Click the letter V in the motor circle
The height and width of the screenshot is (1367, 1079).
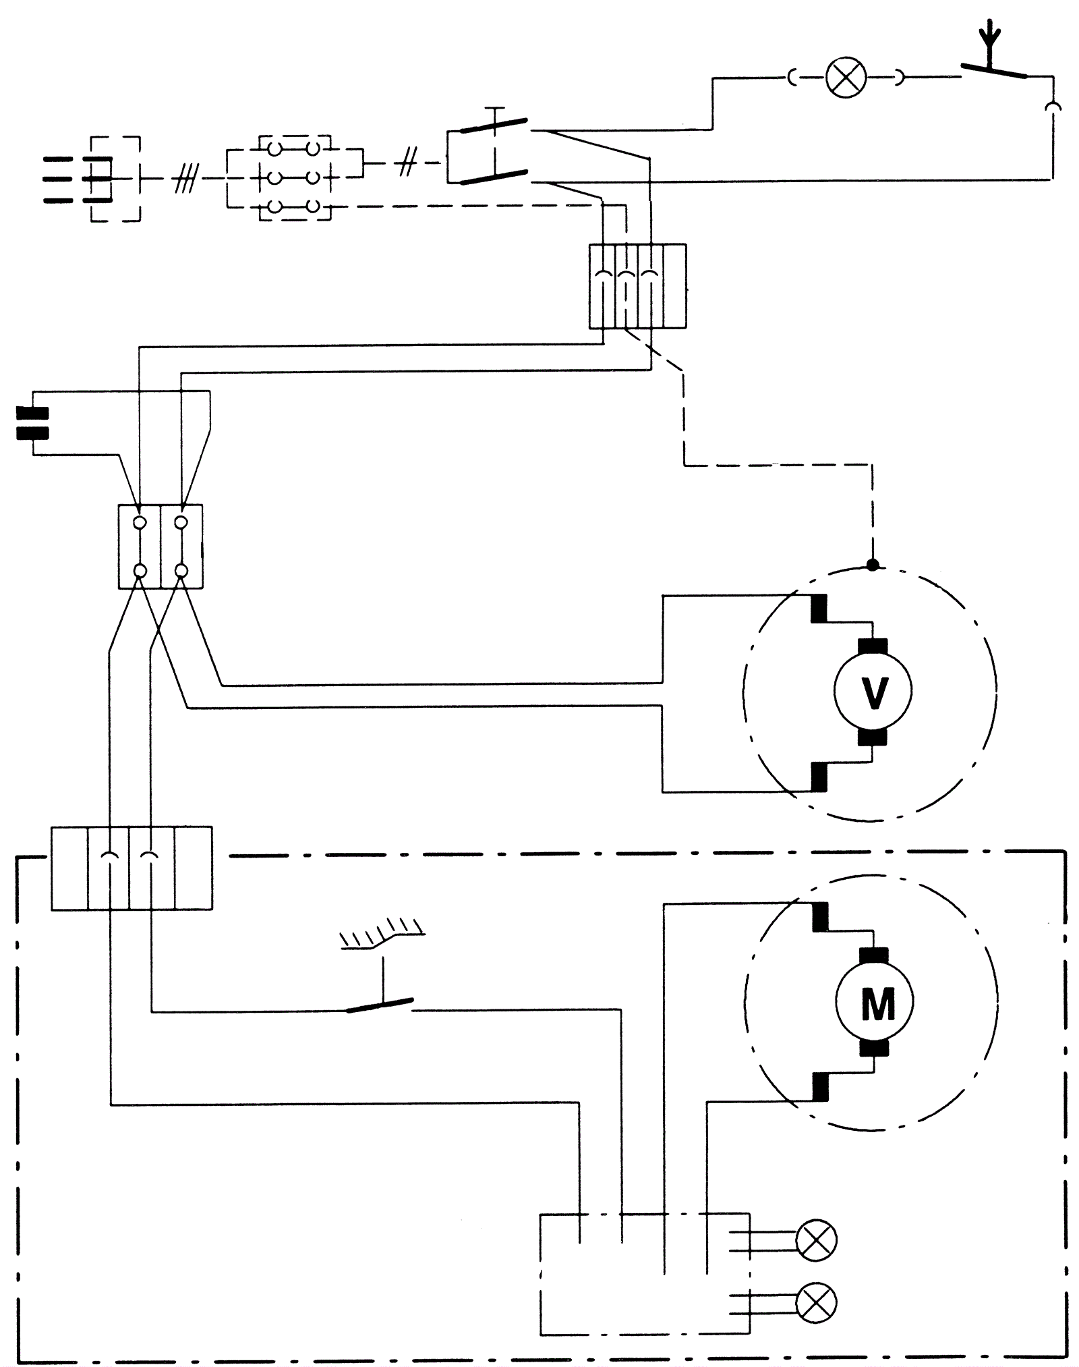(x=874, y=692)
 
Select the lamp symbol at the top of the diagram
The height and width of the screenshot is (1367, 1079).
(x=846, y=78)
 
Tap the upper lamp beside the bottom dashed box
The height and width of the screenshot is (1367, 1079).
(x=816, y=1239)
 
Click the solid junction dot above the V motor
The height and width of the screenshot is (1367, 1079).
(x=873, y=564)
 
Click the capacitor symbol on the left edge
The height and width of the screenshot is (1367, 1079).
(x=32, y=423)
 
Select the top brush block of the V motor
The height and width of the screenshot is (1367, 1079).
(x=873, y=646)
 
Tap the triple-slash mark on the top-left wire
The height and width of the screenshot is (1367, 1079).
(x=185, y=179)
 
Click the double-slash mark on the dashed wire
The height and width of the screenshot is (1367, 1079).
(x=406, y=163)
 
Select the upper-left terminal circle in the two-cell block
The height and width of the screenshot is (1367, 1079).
(x=140, y=522)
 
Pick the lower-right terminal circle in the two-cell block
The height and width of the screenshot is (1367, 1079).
(x=181, y=571)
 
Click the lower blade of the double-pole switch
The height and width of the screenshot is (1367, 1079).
(x=494, y=177)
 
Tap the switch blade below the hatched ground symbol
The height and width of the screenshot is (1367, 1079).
(x=380, y=1005)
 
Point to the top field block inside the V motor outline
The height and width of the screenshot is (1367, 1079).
(x=819, y=609)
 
